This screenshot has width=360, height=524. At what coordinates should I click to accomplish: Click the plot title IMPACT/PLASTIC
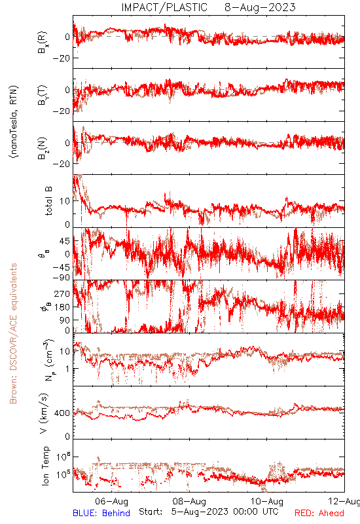(164, 7)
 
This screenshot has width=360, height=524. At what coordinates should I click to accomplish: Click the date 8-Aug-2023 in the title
(260, 7)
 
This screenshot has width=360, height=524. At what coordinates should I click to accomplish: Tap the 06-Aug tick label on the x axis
(111, 501)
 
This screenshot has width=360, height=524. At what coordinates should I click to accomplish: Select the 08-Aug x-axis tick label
(189, 501)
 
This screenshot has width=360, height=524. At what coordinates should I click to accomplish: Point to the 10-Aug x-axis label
(267, 501)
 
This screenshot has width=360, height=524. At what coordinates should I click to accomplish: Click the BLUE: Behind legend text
(101, 513)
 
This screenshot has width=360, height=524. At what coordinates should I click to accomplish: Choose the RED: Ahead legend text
(319, 513)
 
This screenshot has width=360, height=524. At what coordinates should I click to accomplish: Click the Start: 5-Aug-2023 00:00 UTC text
(208, 512)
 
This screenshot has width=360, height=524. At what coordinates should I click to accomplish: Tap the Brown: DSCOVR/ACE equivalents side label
(13, 333)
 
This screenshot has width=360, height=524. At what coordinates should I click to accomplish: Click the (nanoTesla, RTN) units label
(14, 122)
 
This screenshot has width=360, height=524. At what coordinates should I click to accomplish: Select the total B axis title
(48, 201)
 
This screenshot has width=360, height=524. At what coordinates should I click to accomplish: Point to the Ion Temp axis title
(45, 466)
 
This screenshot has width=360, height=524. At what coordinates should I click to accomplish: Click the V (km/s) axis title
(44, 413)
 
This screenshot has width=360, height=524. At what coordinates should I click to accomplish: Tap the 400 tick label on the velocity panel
(62, 413)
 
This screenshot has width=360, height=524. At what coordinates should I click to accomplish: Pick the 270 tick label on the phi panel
(62, 293)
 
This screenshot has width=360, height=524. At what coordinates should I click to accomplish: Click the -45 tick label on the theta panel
(62, 267)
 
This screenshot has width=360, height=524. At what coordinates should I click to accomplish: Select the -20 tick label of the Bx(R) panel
(62, 58)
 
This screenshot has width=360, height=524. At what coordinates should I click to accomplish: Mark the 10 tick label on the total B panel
(65, 201)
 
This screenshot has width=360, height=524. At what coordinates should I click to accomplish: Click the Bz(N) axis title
(43, 148)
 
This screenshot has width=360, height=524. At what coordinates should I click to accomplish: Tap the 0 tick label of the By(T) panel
(67, 90)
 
